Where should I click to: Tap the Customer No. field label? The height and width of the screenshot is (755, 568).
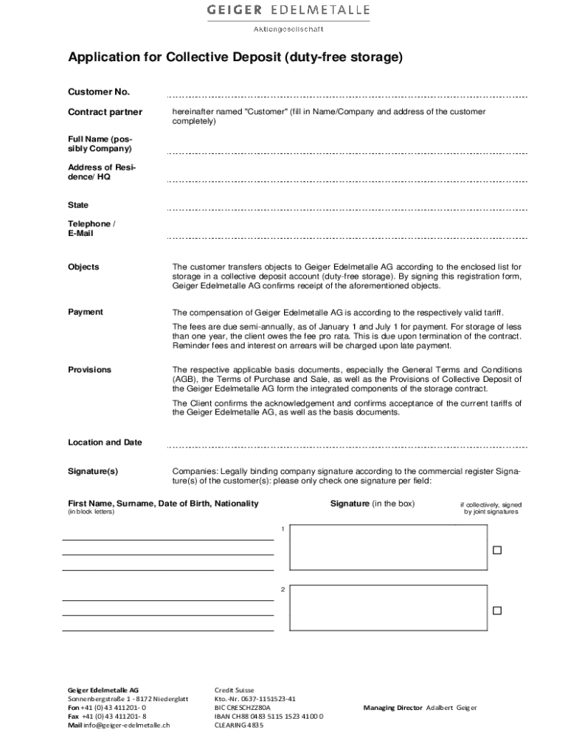(x=98, y=92)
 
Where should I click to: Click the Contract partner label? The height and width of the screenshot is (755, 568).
(x=105, y=112)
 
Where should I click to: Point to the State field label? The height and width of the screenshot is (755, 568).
(x=78, y=205)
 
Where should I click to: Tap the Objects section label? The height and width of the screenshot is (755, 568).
(x=83, y=267)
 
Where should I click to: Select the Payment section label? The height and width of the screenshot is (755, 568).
(x=86, y=312)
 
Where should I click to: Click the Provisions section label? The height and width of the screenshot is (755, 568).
(x=90, y=369)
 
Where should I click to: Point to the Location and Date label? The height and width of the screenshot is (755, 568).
(x=105, y=442)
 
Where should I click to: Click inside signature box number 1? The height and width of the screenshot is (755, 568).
(x=389, y=547)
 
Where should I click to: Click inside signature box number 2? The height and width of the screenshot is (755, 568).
(x=389, y=608)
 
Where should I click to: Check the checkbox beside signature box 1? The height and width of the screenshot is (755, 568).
(x=497, y=550)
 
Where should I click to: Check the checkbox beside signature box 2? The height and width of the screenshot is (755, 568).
(x=497, y=610)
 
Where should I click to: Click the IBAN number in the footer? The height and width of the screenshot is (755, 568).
(x=269, y=716)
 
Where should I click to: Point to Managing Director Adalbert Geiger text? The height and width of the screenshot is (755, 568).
(x=420, y=708)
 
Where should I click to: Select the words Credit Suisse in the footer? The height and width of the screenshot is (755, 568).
(x=234, y=689)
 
